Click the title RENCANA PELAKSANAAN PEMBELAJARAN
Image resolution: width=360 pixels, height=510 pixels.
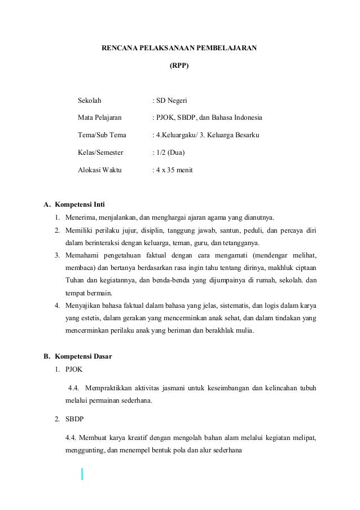(x=179, y=49)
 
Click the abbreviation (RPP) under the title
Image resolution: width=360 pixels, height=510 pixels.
(x=179, y=66)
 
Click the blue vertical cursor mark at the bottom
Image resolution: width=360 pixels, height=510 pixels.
(x=82, y=473)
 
